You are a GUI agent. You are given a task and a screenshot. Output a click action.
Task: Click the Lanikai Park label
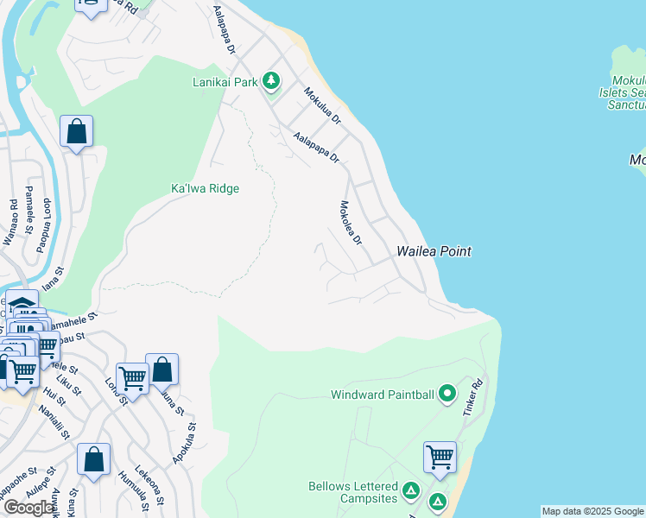pos(225,83)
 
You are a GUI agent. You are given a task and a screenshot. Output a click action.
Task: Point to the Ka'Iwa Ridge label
pos(205,188)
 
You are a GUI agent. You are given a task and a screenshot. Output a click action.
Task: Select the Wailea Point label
pos(434,251)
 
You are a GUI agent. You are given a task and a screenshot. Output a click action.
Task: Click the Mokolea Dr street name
pos(350,223)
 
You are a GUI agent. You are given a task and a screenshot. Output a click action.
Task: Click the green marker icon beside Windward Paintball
pos(446,395)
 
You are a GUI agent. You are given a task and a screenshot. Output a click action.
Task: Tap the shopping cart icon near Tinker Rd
pos(440,457)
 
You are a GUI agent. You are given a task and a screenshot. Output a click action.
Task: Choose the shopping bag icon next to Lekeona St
pos(93,459)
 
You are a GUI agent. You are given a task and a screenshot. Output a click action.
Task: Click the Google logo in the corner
pos(29,508)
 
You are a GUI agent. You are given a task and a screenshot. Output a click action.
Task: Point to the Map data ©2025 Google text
pos(592,511)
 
